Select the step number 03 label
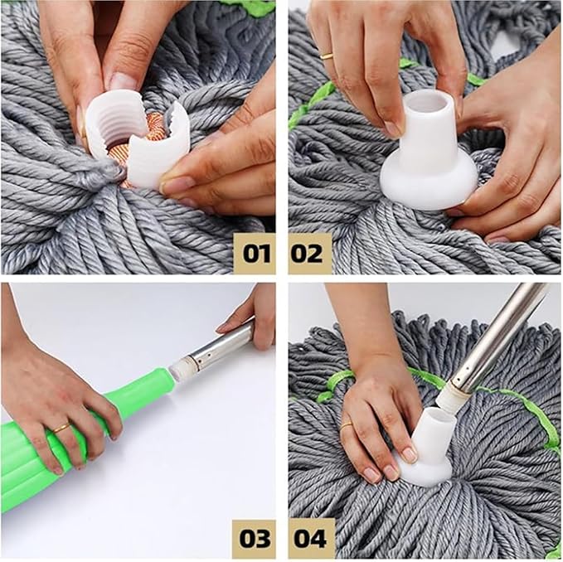click(254, 538)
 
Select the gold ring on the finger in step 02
click(328, 56)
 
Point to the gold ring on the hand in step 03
click(61, 428)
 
